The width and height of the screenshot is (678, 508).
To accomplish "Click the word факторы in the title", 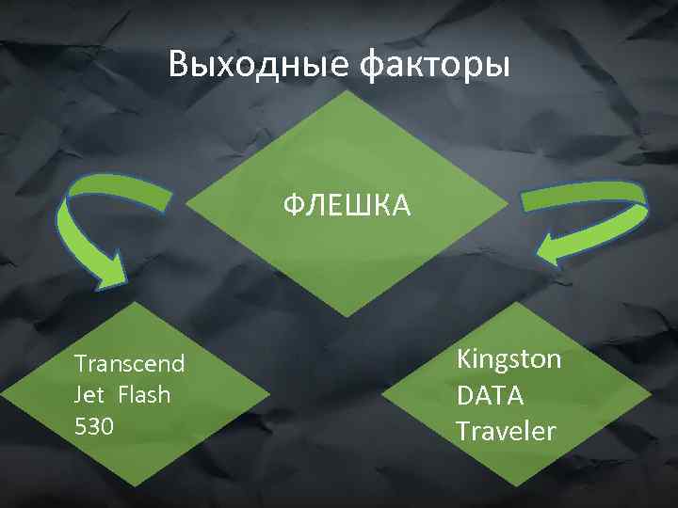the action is pyautogui.click(x=435, y=65).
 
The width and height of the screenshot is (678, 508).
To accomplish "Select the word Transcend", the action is pyautogui.click(x=129, y=364).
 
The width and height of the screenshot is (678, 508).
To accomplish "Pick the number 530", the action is pyautogui.click(x=93, y=426).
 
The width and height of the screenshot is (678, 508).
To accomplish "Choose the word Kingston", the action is pyautogui.click(x=508, y=359).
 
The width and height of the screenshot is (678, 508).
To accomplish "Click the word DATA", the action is pyautogui.click(x=490, y=395).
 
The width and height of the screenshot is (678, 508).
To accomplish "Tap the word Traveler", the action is pyautogui.click(x=506, y=431).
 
